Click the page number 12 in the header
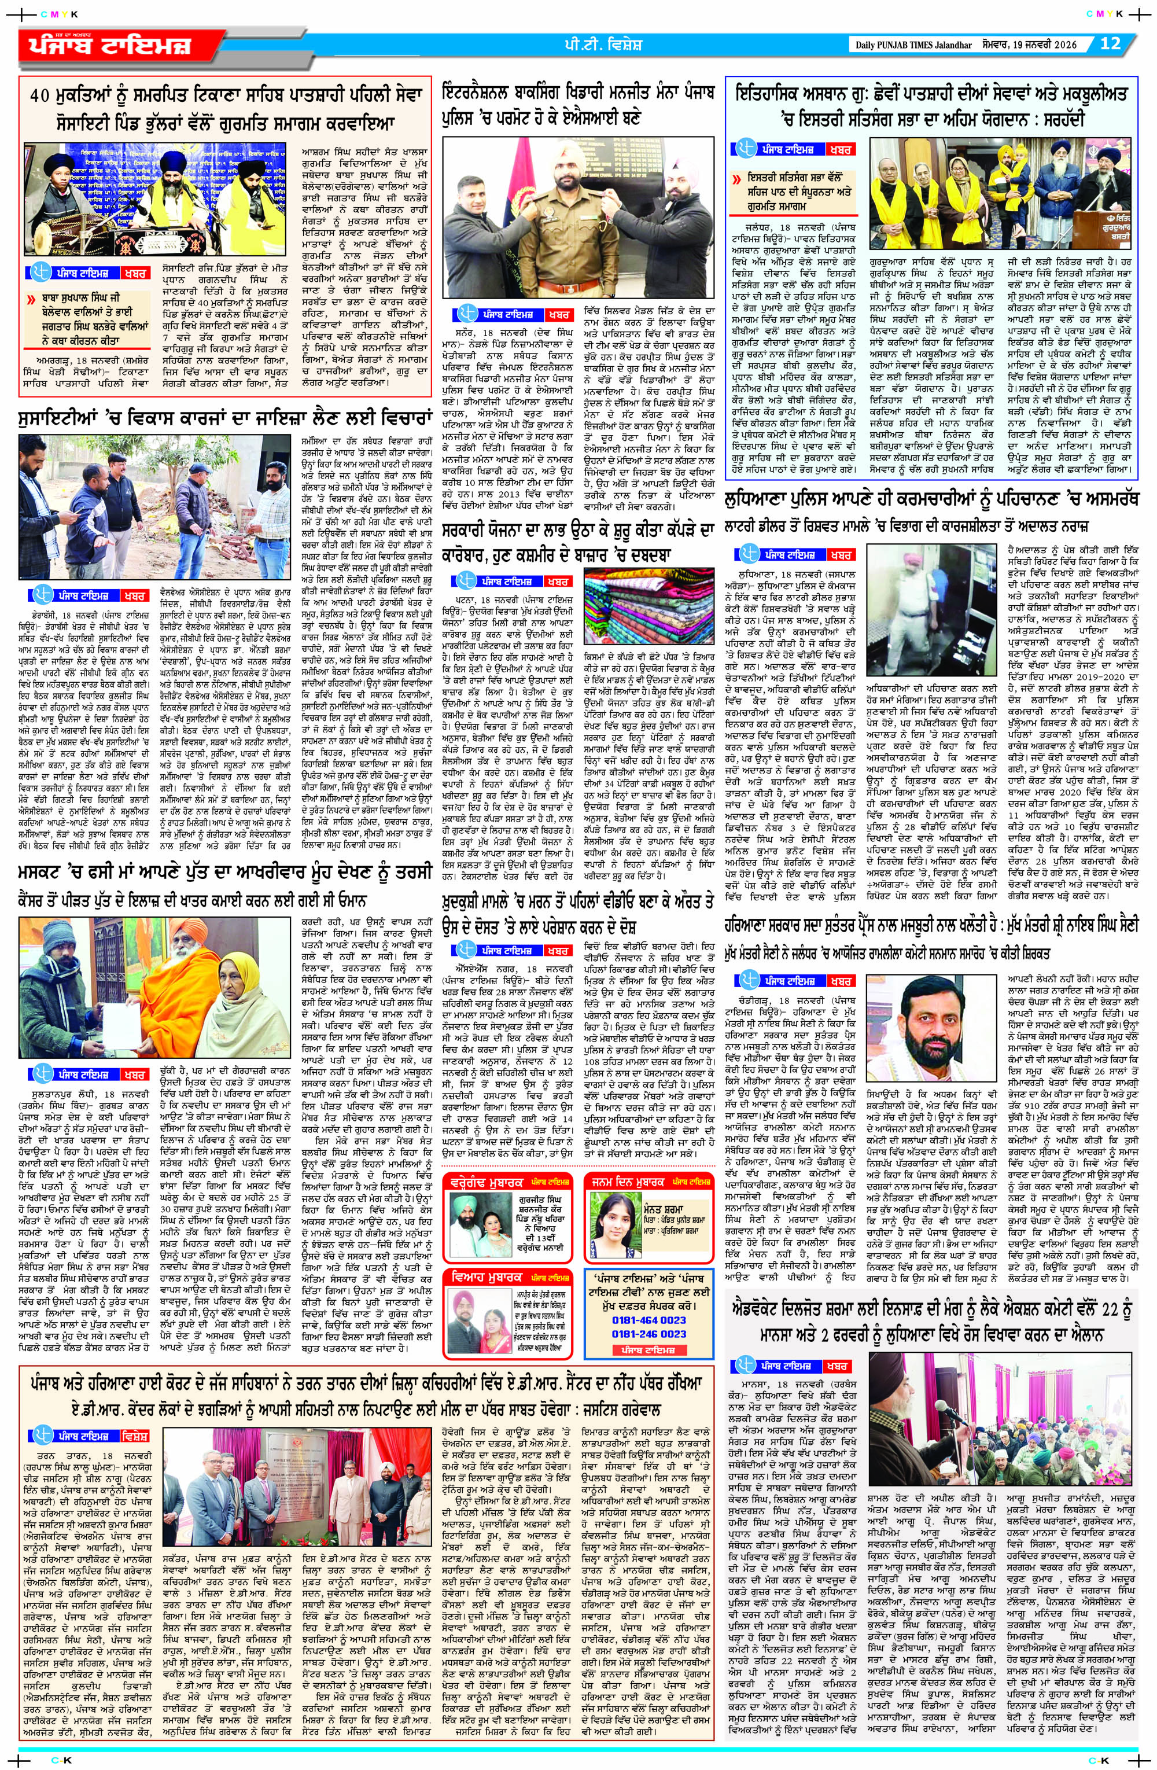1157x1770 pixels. point(1110,43)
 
